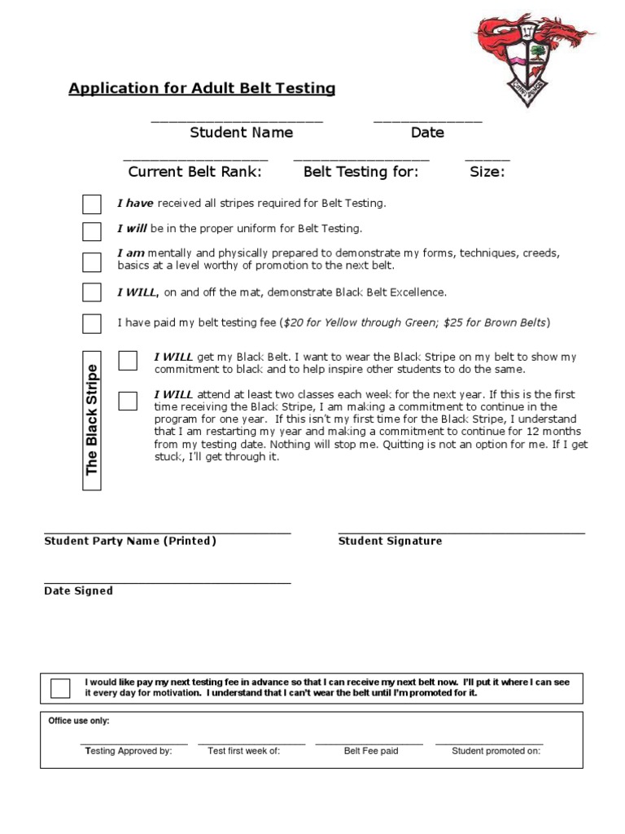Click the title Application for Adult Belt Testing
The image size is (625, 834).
[x=202, y=89]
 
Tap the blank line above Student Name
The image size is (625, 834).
[x=237, y=121]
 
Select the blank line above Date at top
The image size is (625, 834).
[x=427, y=121]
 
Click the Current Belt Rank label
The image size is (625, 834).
[x=195, y=172]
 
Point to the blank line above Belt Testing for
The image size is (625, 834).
[x=361, y=160]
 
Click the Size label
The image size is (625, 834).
[x=487, y=172]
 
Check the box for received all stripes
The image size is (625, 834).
[x=92, y=204]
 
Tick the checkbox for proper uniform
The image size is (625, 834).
[x=92, y=231]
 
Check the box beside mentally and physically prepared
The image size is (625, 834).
[x=92, y=262]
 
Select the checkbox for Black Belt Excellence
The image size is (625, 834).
[x=92, y=292]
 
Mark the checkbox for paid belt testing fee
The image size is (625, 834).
[x=92, y=323]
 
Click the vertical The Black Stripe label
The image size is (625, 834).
[x=92, y=420]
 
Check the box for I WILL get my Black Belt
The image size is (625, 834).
[x=128, y=361]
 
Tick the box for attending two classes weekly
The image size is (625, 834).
[x=128, y=400]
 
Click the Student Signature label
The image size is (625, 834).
[x=390, y=542]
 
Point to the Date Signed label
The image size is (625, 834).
[x=78, y=591]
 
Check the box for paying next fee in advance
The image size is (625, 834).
[x=60, y=688]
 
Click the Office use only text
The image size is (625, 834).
[x=79, y=722]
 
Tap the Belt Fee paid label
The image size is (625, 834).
[x=371, y=752]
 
